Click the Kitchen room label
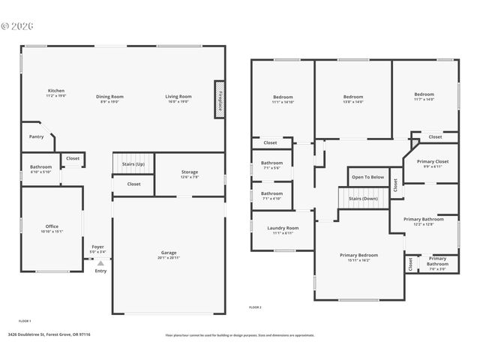coord(56,92)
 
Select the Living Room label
coord(178,97)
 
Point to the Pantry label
coord(36,136)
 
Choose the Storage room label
coord(189,172)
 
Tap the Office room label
coord(52,226)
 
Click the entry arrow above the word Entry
coord(100,262)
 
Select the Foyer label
coord(97,247)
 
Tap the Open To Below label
coord(367,178)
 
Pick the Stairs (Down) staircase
coord(364,199)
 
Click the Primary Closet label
coord(432,161)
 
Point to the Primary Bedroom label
coord(358,255)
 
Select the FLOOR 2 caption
coord(255,307)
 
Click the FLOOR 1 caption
coord(24,321)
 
